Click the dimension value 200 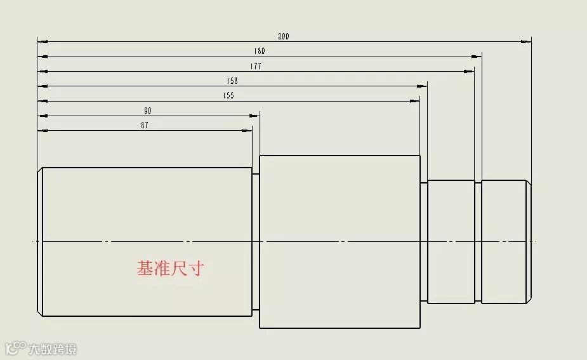[x=284, y=36]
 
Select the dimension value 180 [x=260, y=51]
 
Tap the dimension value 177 [x=256, y=66]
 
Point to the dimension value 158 [x=232, y=81]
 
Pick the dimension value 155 [x=228, y=96]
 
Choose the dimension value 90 [x=148, y=110]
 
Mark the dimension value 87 [x=145, y=125]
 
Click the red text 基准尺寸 [x=171, y=269]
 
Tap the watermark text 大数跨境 [x=51, y=349]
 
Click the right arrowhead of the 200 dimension [x=526, y=42]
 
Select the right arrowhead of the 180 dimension [x=477, y=57]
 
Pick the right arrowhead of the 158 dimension [x=422, y=86]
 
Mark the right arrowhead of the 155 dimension [x=414, y=101]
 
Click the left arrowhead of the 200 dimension [x=43, y=42]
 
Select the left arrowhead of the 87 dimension [x=43, y=131]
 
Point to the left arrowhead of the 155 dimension [x=43, y=101]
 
